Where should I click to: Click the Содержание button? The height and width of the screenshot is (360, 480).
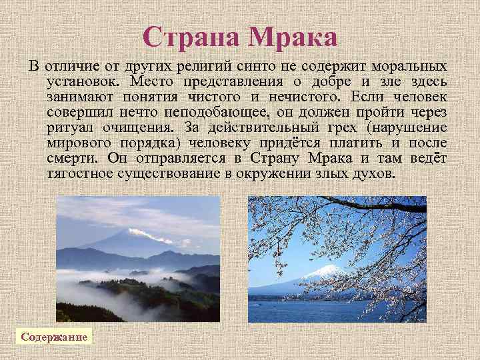click(54, 337)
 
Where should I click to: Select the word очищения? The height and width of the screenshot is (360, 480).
click(139, 127)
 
